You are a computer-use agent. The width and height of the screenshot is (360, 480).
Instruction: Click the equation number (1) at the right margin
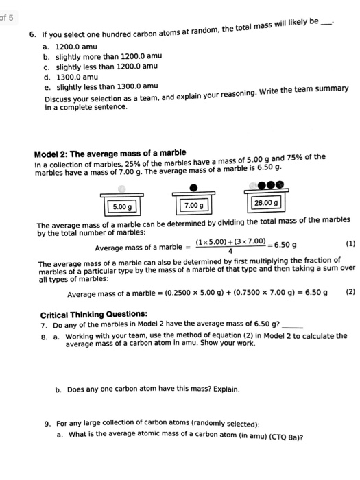350,243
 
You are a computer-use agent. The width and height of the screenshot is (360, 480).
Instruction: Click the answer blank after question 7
291,324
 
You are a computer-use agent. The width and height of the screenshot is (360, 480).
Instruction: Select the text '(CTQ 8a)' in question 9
287,436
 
